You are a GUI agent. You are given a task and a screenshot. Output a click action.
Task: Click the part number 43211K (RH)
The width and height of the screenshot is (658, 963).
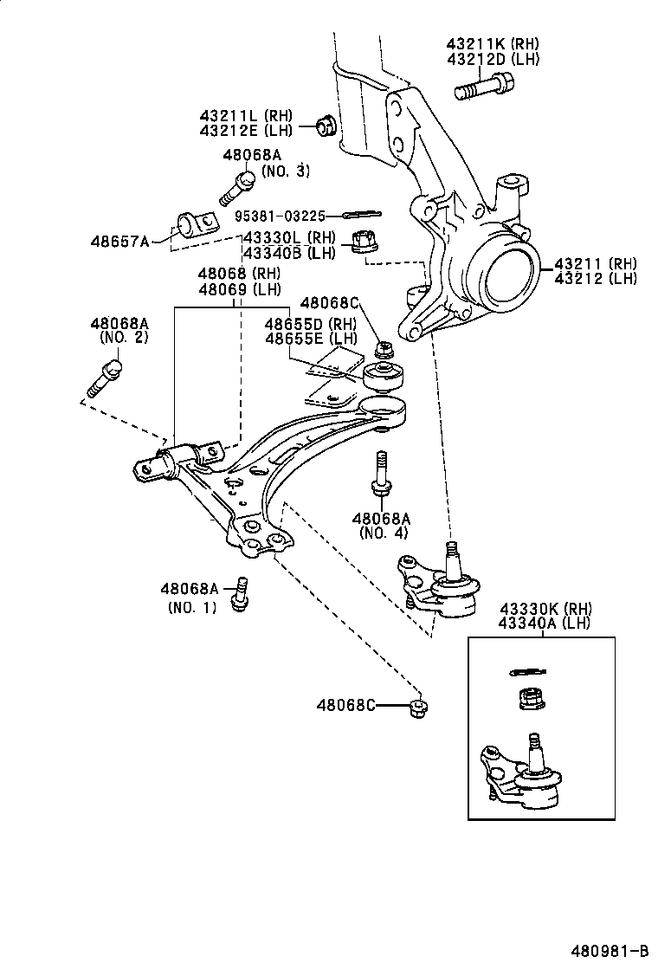click(x=493, y=42)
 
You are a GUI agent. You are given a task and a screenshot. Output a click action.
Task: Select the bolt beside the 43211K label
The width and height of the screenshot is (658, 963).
click(x=482, y=87)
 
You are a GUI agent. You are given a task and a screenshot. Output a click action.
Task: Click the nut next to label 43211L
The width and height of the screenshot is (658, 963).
click(x=326, y=125)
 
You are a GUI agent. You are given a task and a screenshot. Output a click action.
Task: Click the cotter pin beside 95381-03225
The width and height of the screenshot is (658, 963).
click(x=362, y=215)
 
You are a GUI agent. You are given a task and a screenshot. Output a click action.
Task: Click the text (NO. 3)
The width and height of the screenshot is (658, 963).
click(x=285, y=171)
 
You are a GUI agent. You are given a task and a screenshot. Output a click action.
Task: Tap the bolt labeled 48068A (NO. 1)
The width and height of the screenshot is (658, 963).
click(x=242, y=594)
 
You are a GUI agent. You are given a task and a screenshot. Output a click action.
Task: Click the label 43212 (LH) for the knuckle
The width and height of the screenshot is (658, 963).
click(x=597, y=278)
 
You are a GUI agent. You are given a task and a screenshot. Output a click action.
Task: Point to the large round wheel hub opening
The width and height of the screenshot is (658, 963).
click(x=506, y=276)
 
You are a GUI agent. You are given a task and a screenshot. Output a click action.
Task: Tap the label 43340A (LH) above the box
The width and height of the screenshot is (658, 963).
click(x=545, y=623)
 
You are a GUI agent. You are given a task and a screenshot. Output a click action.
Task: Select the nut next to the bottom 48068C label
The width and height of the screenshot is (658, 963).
click(x=418, y=708)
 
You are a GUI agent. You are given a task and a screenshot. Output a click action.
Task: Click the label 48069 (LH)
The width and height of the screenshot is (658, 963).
click(x=240, y=288)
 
